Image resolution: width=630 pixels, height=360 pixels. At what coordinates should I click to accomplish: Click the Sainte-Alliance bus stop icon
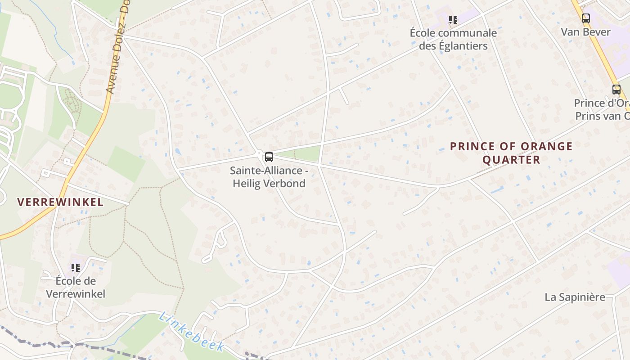click(269, 157)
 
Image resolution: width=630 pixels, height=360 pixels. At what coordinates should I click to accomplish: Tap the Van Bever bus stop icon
click(585, 18)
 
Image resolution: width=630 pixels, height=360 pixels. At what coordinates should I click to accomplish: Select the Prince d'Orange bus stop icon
click(616, 90)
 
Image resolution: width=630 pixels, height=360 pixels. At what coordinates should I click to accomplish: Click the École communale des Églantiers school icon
click(453, 19)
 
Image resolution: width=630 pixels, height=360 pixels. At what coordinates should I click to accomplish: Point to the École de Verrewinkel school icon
click(76, 268)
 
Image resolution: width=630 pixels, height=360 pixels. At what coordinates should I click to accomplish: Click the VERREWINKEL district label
click(60, 202)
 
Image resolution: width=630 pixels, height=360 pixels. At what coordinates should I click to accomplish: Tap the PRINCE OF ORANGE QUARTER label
click(511, 153)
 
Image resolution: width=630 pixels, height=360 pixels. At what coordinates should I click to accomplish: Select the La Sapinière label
click(575, 297)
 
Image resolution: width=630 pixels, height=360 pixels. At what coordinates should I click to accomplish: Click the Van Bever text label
click(585, 32)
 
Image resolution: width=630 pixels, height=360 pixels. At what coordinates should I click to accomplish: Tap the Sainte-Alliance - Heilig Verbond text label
click(269, 177)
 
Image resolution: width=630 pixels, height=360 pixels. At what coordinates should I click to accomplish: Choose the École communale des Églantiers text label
click(453, 39)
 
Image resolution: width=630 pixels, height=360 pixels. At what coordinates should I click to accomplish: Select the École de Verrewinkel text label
click(76, 288)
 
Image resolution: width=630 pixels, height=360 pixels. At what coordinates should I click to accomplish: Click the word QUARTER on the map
click(511, 160)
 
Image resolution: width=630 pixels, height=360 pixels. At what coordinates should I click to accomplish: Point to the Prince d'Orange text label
click(602, 109)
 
